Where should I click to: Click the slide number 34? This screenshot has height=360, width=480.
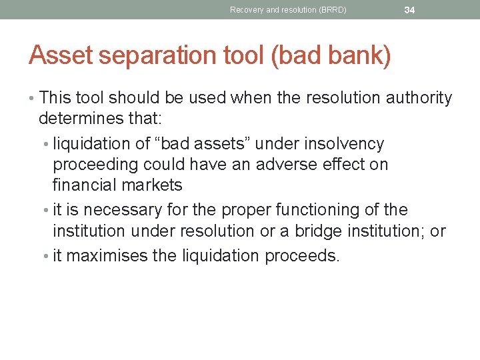coord(409,10)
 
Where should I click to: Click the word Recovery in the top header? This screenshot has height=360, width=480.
coord(245,10)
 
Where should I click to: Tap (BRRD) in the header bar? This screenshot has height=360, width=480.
coord(332,10)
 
